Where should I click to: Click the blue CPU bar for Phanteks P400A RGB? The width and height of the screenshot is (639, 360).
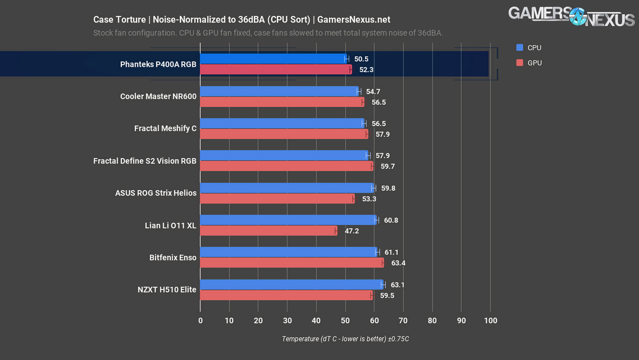pos(273,59)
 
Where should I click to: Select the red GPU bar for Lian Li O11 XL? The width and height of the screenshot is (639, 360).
pos(268,231)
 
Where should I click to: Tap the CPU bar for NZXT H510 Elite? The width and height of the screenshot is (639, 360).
pos(292,285)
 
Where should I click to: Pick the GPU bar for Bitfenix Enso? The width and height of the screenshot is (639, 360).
pos(292,263)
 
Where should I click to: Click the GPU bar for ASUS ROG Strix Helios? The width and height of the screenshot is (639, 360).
pos(277,199)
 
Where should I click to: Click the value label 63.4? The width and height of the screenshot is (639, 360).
pos(398,263)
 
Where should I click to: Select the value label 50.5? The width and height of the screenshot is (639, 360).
pos(362,59)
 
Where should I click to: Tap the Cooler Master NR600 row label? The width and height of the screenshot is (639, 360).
pos(158,97)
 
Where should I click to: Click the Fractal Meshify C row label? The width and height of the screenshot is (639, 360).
pos(165,128)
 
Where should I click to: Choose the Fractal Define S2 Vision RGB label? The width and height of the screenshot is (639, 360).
pos(145,160)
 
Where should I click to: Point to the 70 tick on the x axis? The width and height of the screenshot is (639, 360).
pos(404,321)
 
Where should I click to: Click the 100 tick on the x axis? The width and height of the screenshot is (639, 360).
pos(490,321)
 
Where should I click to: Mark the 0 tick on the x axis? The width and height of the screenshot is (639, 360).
pos(201,321)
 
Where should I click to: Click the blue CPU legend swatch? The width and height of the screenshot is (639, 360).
pos(519,47)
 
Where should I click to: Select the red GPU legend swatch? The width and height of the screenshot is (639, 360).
pos(519,63)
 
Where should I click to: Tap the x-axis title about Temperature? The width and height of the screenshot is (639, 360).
pos(346,339)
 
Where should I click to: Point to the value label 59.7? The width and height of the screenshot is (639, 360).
pos(388,166)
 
